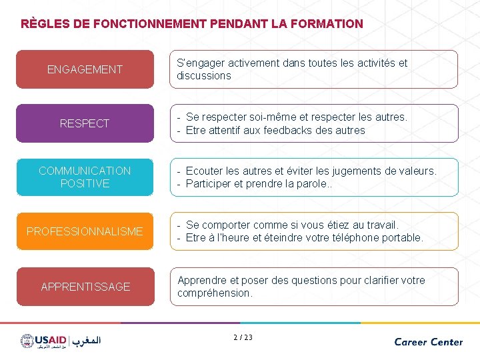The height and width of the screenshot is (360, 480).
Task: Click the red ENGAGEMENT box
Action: pos(85,69)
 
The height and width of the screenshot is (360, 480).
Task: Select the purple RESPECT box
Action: pos(85,123)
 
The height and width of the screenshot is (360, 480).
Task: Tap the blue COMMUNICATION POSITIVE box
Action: pos(85,177)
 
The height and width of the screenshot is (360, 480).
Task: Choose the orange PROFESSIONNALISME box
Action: pos(85,231)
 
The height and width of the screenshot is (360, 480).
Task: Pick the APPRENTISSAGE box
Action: pos(85,287)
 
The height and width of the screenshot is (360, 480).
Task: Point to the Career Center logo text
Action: pos(428,341)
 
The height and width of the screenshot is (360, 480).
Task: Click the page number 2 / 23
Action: pos(243,337)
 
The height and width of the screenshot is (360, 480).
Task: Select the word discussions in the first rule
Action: pos(204,76)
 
